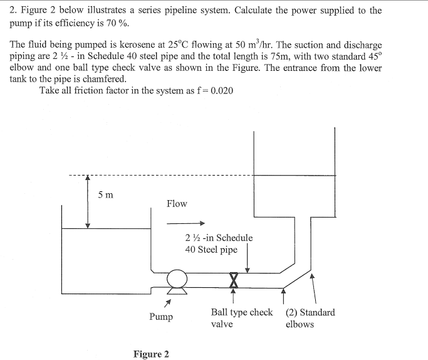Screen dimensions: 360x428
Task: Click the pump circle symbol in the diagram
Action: [177, 278]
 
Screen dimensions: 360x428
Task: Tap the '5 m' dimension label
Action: [106, 194]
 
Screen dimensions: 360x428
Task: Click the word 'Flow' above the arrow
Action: [177, 203]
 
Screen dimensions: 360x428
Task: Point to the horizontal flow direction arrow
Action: [186, 223]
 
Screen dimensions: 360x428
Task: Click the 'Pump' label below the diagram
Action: [161, 317]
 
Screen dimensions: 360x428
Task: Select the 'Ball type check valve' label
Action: [241, 318]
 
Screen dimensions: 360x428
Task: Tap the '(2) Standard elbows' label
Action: [310, 318]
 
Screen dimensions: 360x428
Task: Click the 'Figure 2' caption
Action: [151, 354]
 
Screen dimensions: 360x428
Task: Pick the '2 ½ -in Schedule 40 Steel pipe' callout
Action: [218, 243]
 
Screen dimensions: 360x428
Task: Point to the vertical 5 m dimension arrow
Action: [88, 201]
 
